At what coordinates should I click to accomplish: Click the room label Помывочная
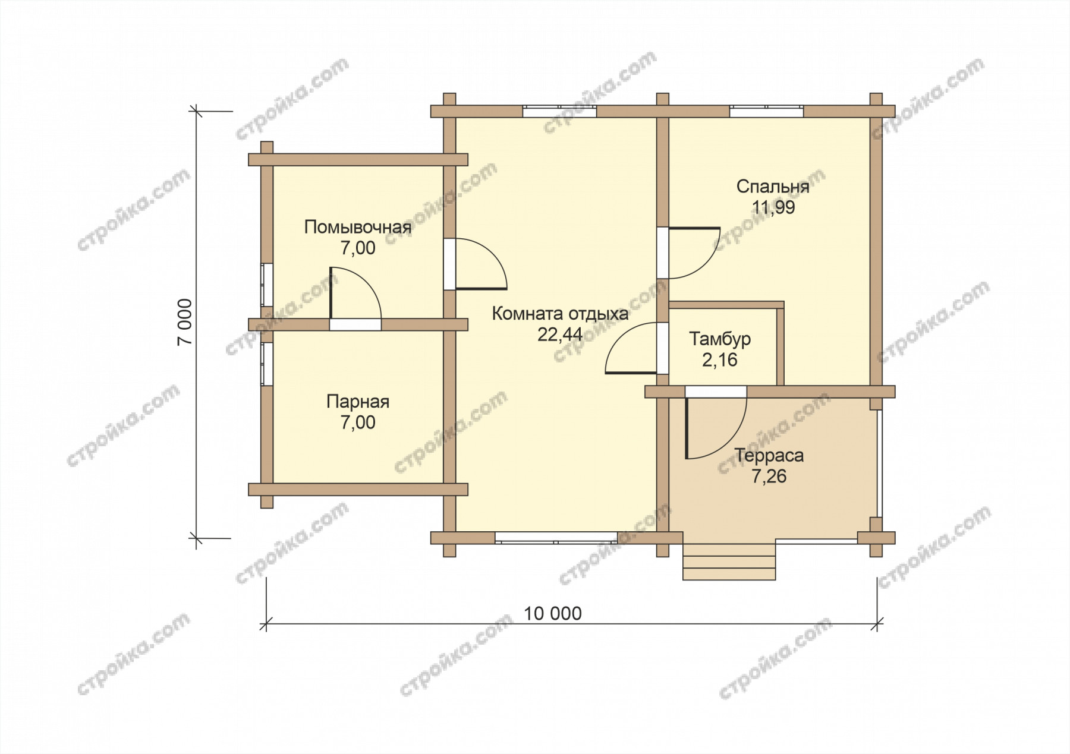click(358, 228)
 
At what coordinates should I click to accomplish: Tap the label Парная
click(358, 402)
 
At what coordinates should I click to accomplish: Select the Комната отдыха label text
click(560, 314)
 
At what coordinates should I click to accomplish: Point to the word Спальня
click(773, 187)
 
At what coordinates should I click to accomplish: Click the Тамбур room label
click(720, 339)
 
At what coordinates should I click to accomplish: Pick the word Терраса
click(769, 456)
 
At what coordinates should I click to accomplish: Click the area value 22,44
click(560, 335)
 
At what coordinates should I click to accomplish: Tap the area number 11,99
click(773, 207)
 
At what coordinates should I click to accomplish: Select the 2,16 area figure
click(720, 359)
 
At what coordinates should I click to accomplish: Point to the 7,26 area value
click(769, 477)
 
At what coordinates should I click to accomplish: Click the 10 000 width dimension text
click(553, 613)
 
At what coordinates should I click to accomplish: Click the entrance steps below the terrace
click(729, 561)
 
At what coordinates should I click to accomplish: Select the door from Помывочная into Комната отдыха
click(476, 264)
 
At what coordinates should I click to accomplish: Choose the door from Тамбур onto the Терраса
click(716, 422)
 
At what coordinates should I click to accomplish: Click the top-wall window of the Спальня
click(767, 111)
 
